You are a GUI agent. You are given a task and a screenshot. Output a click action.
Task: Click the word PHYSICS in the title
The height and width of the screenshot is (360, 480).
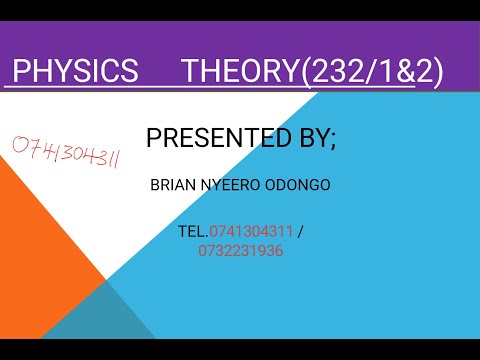76,71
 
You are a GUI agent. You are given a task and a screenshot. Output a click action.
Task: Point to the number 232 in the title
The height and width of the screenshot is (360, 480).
332,71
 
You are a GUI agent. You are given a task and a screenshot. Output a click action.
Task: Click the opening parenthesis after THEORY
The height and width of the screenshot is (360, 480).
302,71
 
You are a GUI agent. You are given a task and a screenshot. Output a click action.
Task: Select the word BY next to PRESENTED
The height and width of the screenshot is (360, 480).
313,138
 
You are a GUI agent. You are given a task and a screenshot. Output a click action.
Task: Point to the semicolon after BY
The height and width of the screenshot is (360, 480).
334,140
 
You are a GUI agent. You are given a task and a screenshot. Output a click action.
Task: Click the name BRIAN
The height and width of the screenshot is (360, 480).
171,185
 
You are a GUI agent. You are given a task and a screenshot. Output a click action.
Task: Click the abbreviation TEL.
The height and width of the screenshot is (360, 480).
192,232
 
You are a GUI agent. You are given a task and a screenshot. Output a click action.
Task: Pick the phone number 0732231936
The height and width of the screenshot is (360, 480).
240,251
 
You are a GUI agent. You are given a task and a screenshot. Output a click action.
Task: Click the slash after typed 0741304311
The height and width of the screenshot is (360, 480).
301,232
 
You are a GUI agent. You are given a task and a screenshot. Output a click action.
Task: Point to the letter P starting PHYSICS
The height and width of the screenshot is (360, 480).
20,71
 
